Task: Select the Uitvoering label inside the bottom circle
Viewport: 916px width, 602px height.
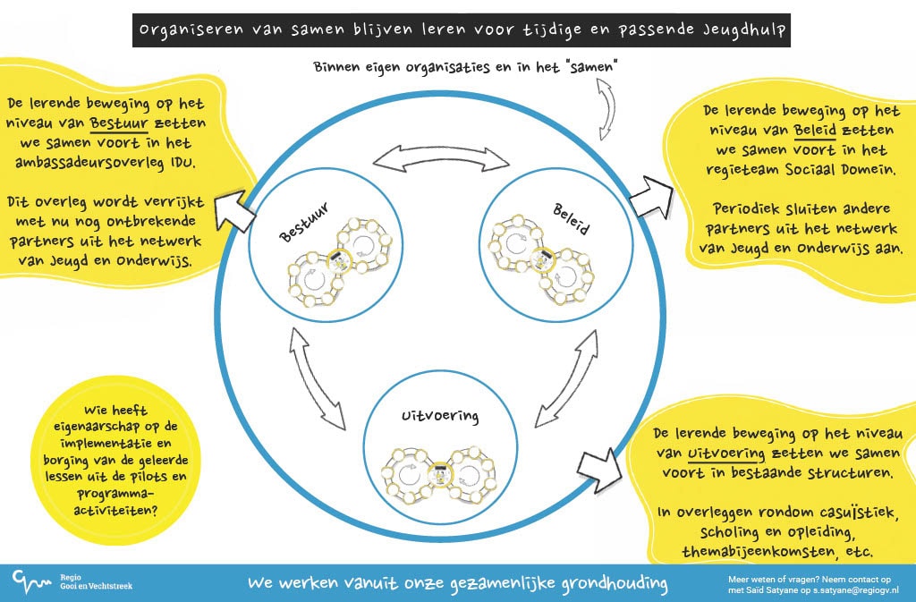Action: coord(440,416)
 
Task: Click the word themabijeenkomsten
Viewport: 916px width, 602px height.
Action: coord(764,553)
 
